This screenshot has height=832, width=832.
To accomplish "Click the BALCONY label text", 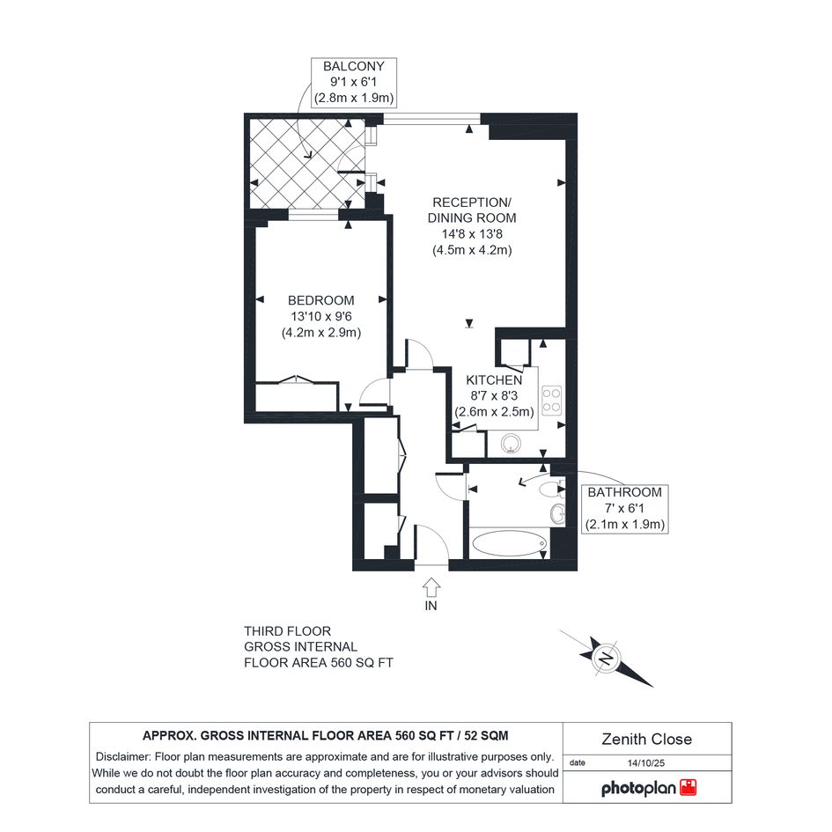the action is coord(353,66).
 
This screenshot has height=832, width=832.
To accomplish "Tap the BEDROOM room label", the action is coord(321,300).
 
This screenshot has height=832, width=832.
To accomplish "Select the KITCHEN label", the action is coord(494,380).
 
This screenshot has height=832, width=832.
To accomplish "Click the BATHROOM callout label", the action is coord(624,492).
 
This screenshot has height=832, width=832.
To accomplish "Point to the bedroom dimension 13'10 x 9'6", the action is coord(321,316).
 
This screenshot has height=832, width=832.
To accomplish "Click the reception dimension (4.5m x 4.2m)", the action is coord(472,250).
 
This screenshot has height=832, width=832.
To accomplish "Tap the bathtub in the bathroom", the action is coord(510,543).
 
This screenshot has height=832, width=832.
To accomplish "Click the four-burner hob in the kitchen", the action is coord(552,400).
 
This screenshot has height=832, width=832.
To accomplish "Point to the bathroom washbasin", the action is coord(557,513).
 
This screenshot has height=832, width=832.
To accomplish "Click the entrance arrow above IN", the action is coord(431,586).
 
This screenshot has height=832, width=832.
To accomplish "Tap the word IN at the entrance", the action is coord(431,606).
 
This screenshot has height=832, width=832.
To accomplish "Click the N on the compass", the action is coord(606,658).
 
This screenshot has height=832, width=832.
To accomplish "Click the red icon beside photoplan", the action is coord(688,787).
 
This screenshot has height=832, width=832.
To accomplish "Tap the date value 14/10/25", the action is coord(645,763).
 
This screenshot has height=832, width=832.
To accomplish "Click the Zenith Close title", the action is coord(647,740).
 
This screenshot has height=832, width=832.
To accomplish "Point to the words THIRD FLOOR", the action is coord(288,631).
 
